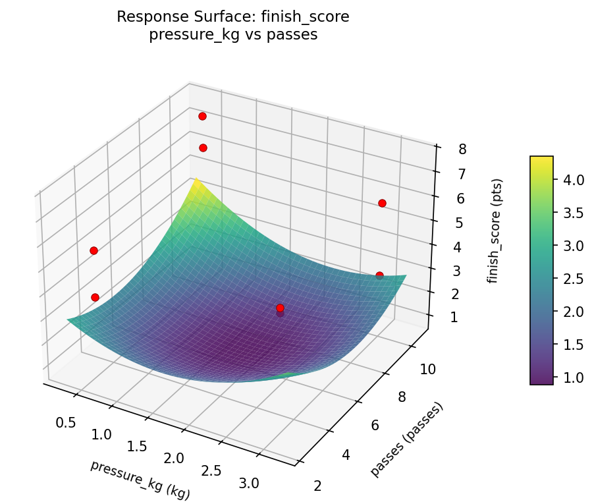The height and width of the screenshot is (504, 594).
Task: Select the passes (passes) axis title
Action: pyautogui.click(x=406, y=439)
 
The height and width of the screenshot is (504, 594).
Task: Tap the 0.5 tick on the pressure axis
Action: pyautogui.click(x=65, y=422)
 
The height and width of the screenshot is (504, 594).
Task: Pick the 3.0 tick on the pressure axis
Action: pyautogui.click(x=249, y=483)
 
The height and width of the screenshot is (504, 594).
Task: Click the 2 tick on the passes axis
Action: pyautogui.click(x=318, y=486)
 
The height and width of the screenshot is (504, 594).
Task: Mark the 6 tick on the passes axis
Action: pyautogui.click(x=375, y=426)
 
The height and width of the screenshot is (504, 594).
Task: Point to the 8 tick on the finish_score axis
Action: pyautogui.click(x=463, y=150)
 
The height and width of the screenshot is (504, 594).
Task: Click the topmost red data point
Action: pyautogui.click(x=202, y=117)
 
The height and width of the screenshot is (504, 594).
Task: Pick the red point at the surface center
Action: pyautogui.click(x=280, y=308)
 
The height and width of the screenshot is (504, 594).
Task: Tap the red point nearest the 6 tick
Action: pyautogui.click(x=382, y=203)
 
